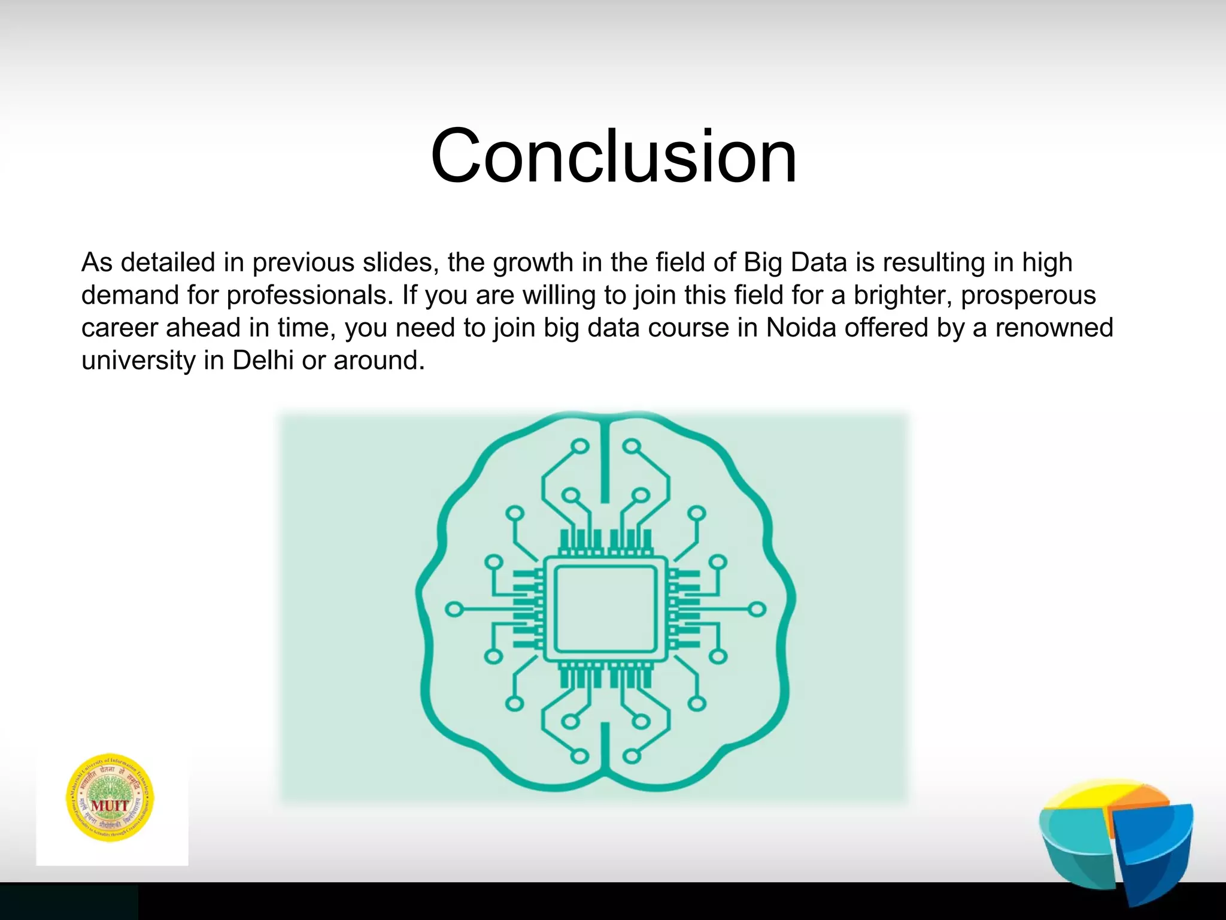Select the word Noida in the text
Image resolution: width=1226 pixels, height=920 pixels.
[x=801, y=328]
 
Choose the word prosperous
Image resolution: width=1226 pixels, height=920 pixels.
[x=1028, y=295]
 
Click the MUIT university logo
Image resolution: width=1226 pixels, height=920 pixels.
[x=110, y=797]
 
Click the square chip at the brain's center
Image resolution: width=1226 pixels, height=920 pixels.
[x=605, y=609]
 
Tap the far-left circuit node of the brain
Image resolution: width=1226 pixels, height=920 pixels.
[x=454, y=610]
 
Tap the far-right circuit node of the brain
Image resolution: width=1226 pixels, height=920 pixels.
[x=757, y=609]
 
